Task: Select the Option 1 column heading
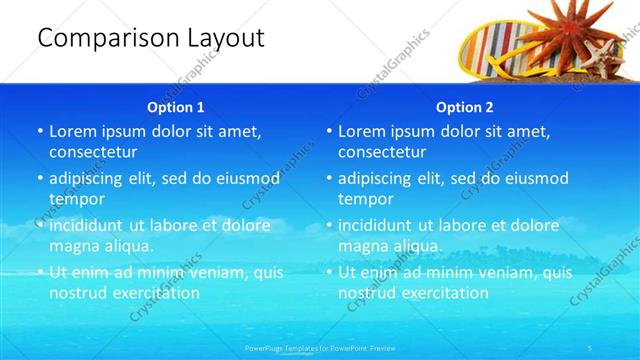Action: point(175,107)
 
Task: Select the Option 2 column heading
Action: point(464,107)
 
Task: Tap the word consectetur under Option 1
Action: point(93,152)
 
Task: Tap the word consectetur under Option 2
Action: point(382,152)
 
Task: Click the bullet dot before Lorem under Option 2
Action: point(329,132)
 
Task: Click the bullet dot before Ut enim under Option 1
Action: point(40,272)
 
